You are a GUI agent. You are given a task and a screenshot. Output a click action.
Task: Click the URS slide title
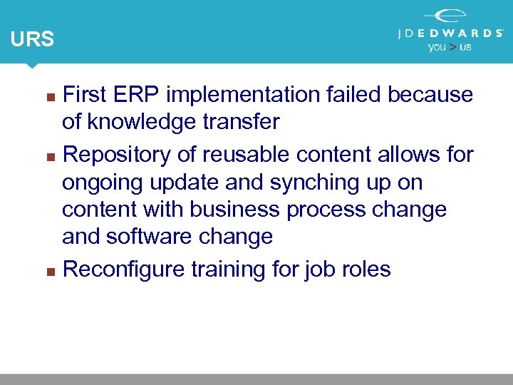click(x=32, y=39)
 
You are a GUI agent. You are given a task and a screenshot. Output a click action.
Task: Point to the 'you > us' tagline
click(x=449, y=47)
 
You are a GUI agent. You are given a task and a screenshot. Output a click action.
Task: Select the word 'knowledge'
click(x=145, y=123)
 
